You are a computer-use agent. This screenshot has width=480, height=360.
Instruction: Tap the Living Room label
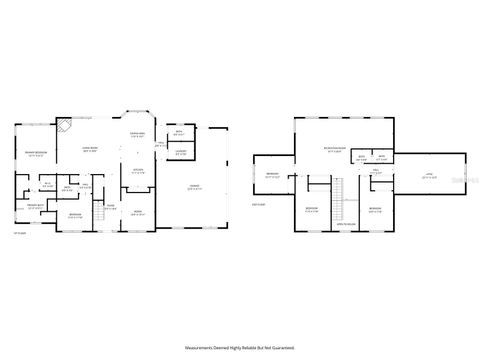click(89, 149)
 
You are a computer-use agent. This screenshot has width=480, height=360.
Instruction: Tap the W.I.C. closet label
click(46, 184)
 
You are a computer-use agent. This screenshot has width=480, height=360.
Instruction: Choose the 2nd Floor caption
click(258, 204)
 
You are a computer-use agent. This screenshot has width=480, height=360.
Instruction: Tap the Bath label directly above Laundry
click(179, 133)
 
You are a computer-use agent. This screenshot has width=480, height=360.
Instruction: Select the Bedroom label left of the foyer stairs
click(75, 216)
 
